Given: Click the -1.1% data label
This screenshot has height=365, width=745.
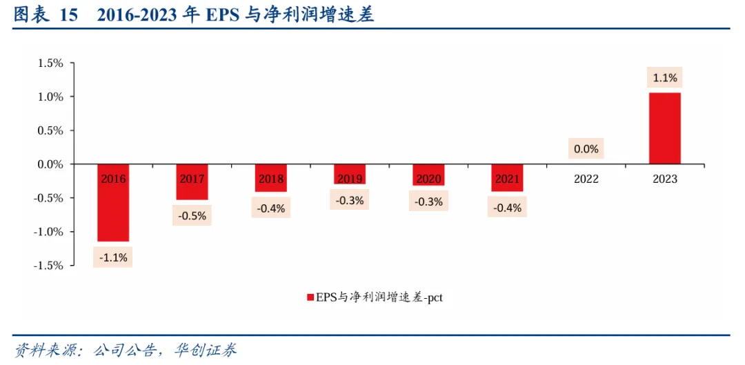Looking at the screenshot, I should tap(113, 258).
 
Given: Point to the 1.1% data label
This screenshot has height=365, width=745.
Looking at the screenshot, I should tap(665, 78).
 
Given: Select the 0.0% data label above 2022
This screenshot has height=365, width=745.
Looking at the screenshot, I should tap(586, 148).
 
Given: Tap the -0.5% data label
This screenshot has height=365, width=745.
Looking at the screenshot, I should tap(192, 215).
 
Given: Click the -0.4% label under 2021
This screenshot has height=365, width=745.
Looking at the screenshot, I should tap(507, 207).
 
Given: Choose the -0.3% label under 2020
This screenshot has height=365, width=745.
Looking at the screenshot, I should tap(428, 201).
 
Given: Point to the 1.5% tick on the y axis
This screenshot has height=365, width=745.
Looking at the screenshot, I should tap(50, 63).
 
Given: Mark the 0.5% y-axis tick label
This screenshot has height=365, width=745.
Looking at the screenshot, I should tap(50, 130).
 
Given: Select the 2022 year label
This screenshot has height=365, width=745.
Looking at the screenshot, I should tap(586, 179).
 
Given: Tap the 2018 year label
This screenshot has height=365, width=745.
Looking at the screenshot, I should tap(271, 179).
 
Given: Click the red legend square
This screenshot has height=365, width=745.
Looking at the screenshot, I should tap(309, 298).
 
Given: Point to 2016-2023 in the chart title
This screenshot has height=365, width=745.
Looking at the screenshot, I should tap(138, 15).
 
